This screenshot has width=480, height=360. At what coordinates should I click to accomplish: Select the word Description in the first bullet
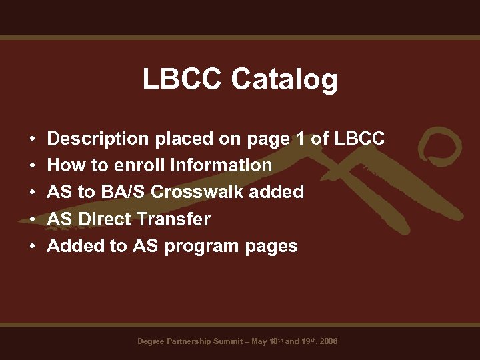[x=98, y=139]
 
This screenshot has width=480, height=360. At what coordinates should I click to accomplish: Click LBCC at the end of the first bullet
[x=360, y=139]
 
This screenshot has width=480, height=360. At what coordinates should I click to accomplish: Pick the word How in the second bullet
[x=60, y=165]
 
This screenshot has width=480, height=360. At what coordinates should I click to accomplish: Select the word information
[x=221, y=165]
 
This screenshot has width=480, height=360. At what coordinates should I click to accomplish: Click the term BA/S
[x=123, y=192]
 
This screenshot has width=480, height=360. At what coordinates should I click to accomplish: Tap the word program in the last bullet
[x=201, y=247]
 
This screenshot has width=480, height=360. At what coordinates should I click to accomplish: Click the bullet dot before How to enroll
[x=32, y=166]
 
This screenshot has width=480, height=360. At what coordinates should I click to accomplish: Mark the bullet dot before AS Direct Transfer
[x=32, y=220]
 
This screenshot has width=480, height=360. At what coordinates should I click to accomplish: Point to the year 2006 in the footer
[x=329, y=341]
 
